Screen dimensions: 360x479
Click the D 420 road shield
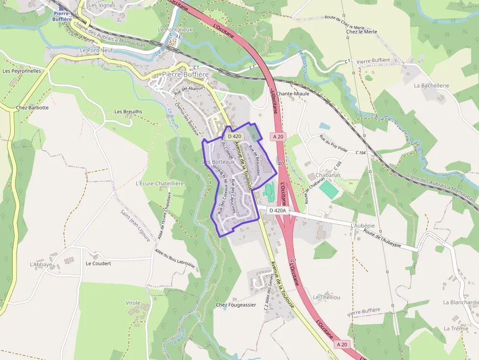point(235,136)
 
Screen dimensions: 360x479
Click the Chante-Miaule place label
point(293,94)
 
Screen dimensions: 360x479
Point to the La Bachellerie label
point(431,85)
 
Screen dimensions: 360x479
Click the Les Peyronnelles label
point(22,71)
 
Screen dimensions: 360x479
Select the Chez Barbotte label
point(32,107)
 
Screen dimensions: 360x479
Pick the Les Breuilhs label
point(128,111)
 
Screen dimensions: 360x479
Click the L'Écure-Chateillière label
point(159,184)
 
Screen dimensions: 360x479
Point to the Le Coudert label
point(98,263)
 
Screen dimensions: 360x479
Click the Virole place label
point(133,303)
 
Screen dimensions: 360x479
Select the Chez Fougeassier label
point(236,305)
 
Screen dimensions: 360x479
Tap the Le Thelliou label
point(327,297)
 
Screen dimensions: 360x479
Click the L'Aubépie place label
point(363,226)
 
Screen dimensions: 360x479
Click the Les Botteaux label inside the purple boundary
point(218,162)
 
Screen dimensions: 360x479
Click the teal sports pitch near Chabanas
point(329,190)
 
